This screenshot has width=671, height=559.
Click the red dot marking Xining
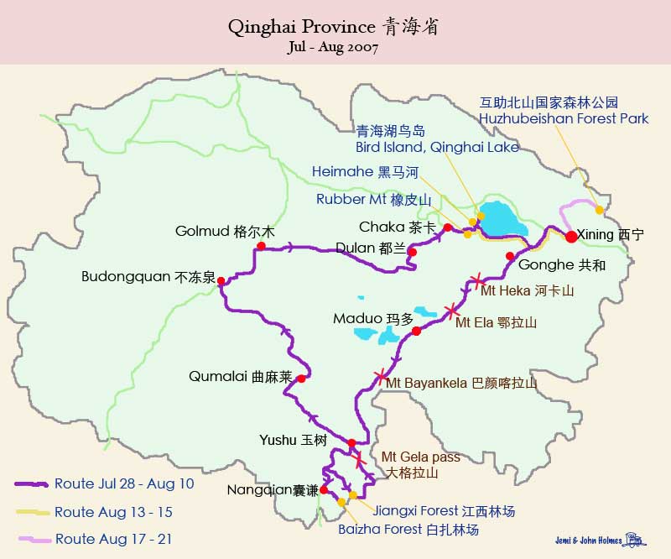point(571,236)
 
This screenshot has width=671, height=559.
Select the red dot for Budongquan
point(221,282)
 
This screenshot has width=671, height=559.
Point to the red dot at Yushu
point(351,443)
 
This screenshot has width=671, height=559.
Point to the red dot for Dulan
point(412,252)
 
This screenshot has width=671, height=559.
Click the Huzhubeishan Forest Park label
point(564,119)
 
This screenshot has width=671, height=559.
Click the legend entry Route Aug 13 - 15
point(112,512)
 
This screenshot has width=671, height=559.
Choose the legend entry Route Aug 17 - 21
point(112,539)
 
